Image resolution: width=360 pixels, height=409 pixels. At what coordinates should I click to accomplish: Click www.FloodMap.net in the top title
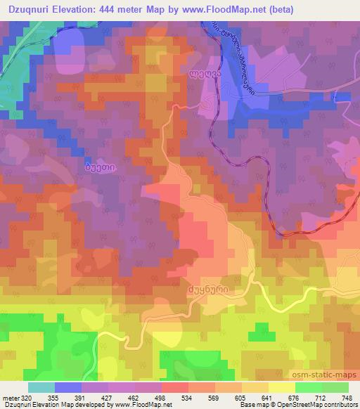214,9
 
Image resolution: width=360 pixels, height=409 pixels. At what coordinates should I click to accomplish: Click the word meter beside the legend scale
8,397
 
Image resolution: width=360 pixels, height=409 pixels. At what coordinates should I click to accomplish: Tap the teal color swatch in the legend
41,387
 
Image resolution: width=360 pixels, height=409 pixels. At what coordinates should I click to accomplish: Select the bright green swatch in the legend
309,387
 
